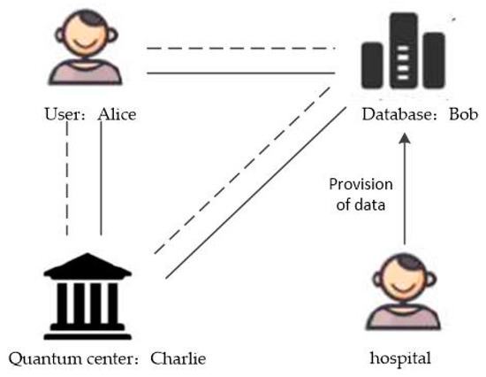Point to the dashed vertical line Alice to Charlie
(x=67, y=181)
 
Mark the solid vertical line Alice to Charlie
(x=102, y=181)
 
